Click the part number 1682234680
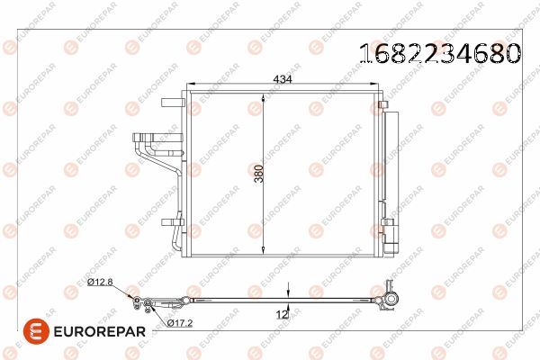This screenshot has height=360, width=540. click(440, 53)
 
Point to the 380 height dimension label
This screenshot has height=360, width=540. click(256, 174)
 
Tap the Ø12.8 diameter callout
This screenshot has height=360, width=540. click(100, 283)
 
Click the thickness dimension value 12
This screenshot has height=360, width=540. click(282, 316)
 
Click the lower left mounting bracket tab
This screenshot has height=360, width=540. click(170, 221)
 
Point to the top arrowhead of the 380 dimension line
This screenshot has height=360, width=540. click(263, 93)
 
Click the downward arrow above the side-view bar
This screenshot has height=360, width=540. click(288, 292)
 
